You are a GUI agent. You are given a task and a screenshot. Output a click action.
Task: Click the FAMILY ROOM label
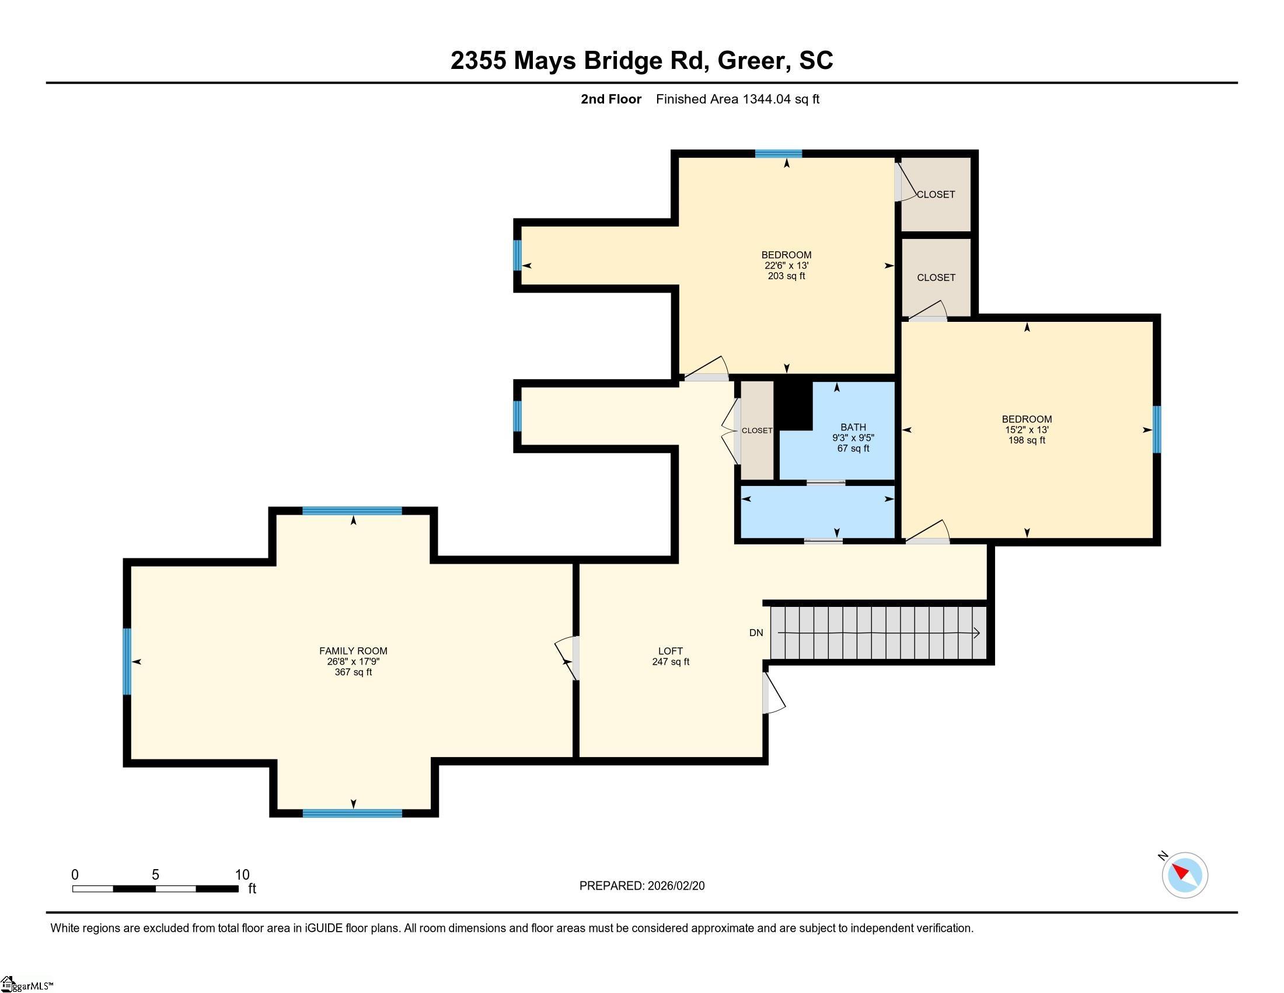(x=353, y=651)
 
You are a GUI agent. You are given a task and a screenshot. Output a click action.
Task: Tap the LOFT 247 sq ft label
(x=670, y=656)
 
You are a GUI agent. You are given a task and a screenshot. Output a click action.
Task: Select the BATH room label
(x=853, y=427)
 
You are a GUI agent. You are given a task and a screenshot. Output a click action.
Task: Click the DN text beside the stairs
(x=756, y=633)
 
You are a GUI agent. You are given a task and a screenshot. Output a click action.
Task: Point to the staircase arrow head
(x=976, y=633)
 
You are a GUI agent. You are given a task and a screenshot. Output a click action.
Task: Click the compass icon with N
(x=1184, y=875)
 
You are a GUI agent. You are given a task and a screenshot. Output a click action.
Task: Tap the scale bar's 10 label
(x=242, y=875)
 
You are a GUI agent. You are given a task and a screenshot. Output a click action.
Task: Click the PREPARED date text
(x=641, y=886)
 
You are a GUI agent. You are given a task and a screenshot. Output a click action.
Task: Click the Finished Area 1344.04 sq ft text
(x=737, y=99)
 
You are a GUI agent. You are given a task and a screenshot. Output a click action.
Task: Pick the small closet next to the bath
(x=756, y=430)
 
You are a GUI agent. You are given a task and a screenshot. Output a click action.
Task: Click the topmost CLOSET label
(x=936, y=195)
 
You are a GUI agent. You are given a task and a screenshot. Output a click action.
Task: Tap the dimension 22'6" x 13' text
(x=786, y=265)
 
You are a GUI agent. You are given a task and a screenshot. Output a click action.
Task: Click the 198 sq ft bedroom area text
(x=1027, y=440)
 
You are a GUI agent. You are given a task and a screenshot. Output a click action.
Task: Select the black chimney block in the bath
(x=794, y=405)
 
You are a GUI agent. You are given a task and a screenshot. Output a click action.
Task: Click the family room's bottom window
(x=352, y=813)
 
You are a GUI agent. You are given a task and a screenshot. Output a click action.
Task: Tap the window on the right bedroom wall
(x=1156, y=429)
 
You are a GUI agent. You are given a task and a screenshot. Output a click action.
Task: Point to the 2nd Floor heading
(x=611, y=99)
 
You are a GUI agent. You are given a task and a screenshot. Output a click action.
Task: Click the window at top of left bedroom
(x=779, y=154)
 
